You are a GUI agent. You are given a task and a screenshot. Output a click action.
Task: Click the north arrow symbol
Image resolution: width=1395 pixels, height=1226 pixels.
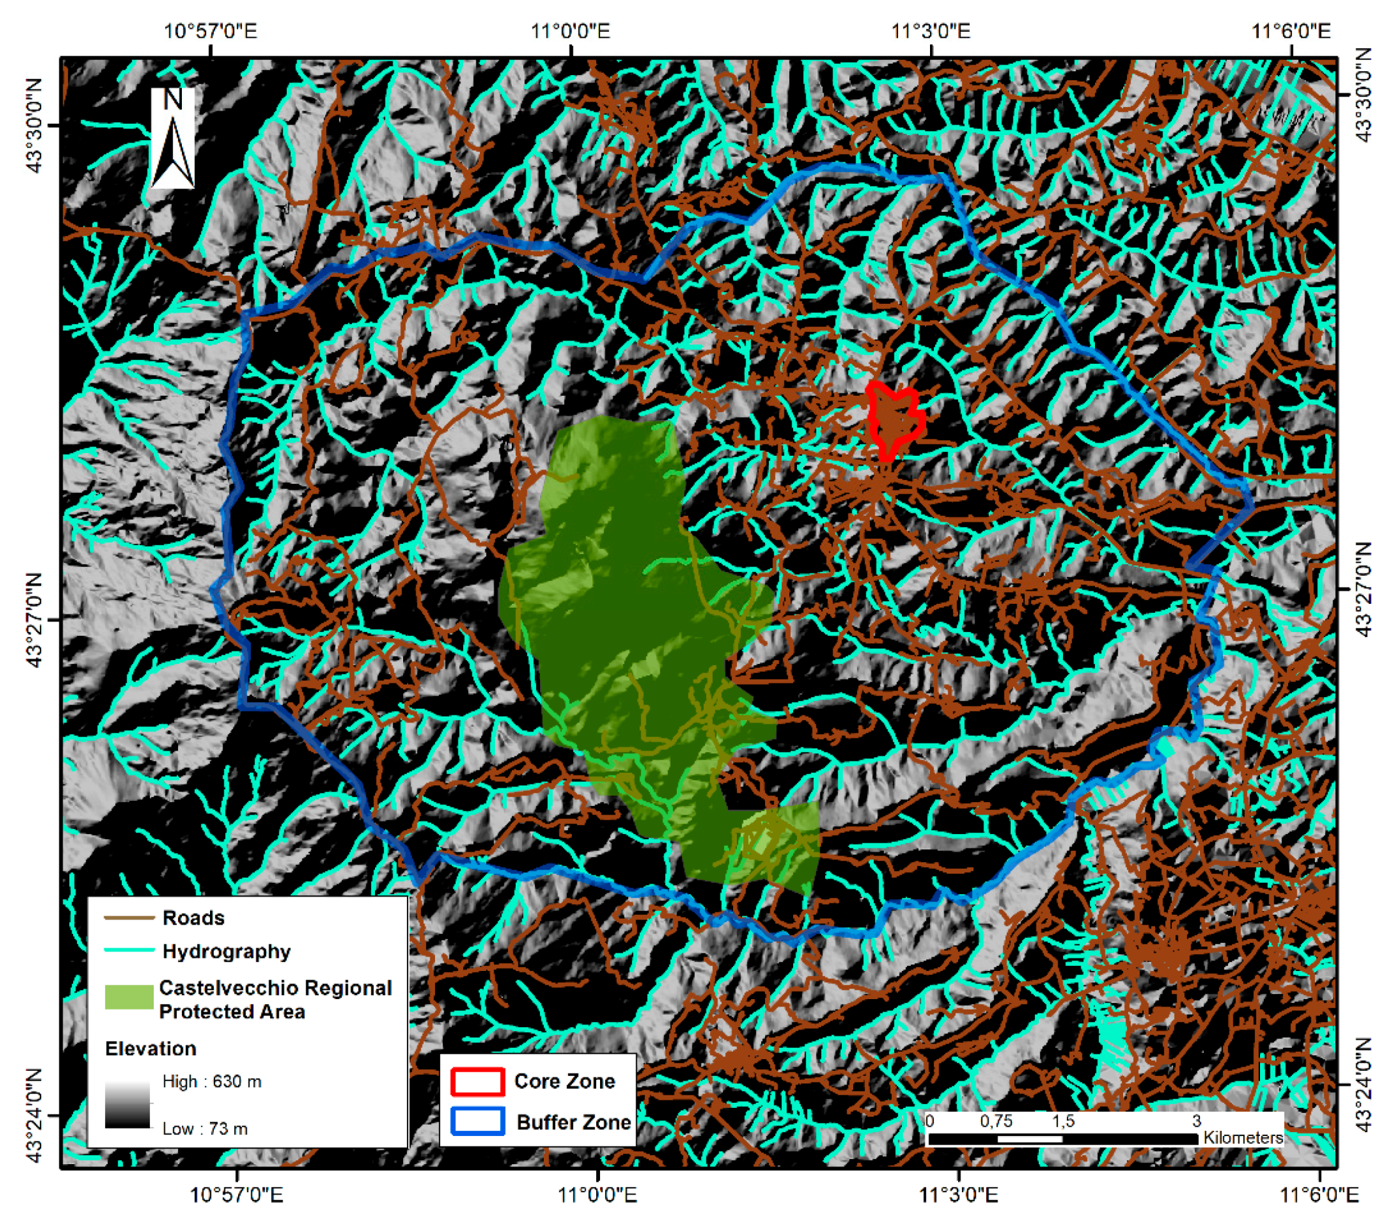[172, 139]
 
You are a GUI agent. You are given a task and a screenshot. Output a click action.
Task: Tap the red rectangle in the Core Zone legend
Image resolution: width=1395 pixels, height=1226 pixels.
[477, 1082]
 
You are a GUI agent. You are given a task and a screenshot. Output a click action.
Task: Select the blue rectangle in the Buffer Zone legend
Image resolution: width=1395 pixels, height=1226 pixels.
[477, 1122]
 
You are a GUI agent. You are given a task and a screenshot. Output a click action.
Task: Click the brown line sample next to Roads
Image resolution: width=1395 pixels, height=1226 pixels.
[128, 918]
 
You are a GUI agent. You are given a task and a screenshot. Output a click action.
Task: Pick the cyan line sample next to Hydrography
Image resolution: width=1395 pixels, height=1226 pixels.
[128, 950]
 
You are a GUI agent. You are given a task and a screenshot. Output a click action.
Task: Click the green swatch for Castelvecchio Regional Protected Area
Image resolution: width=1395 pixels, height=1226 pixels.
[128, 997]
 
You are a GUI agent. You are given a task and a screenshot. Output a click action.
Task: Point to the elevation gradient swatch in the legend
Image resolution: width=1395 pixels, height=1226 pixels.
[127, 1104]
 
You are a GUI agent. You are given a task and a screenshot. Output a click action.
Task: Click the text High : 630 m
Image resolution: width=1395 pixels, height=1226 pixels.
[212, 1082]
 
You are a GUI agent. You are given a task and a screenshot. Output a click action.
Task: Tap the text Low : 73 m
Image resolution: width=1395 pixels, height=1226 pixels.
[205, 1128]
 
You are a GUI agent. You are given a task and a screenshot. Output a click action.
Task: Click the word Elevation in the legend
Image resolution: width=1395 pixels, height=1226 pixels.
[150, 1048]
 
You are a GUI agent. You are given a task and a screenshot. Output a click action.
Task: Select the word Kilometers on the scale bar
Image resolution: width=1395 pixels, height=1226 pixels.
[1242, 1138]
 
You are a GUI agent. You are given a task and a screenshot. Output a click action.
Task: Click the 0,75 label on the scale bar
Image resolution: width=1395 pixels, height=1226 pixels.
[996, 1121]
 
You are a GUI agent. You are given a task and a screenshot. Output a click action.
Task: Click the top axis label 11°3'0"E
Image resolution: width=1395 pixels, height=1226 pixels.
[931, 31]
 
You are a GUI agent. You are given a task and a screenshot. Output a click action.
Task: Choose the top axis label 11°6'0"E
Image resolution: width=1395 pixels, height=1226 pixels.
[1291, 31]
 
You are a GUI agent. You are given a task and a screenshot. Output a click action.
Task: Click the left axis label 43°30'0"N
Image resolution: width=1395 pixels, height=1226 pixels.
[36, 126]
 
